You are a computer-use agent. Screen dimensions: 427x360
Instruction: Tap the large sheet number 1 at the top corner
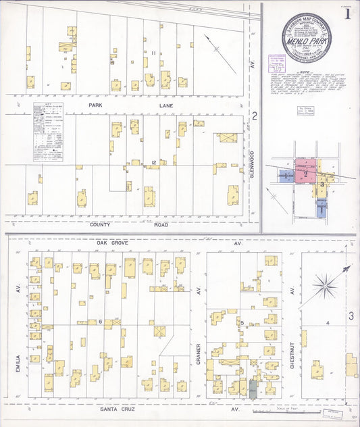coord(347,14)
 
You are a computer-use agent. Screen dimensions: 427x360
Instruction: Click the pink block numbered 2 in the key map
coord(305,174)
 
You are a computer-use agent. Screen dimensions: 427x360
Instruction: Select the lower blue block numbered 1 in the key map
coord(322,209)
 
